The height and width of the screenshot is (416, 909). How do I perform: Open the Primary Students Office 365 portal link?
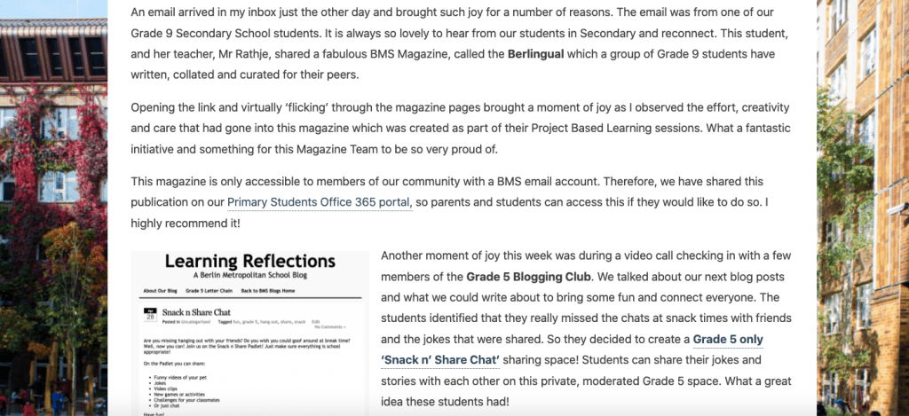pos(319,202)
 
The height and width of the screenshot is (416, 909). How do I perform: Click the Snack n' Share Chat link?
pos(440,360)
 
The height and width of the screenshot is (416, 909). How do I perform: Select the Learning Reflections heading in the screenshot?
pos(249,262)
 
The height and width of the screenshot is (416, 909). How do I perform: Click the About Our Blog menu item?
pos(160,290)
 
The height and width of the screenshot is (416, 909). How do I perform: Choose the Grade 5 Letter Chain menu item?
pos(209,290)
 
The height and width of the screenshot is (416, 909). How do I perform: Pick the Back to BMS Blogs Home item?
pos(267,290)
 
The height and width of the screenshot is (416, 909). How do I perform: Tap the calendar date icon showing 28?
pos(149,314)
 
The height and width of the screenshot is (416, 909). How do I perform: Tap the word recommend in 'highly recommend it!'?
pos(200,223)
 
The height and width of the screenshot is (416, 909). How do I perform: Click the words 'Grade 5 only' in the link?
pos(728,340)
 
